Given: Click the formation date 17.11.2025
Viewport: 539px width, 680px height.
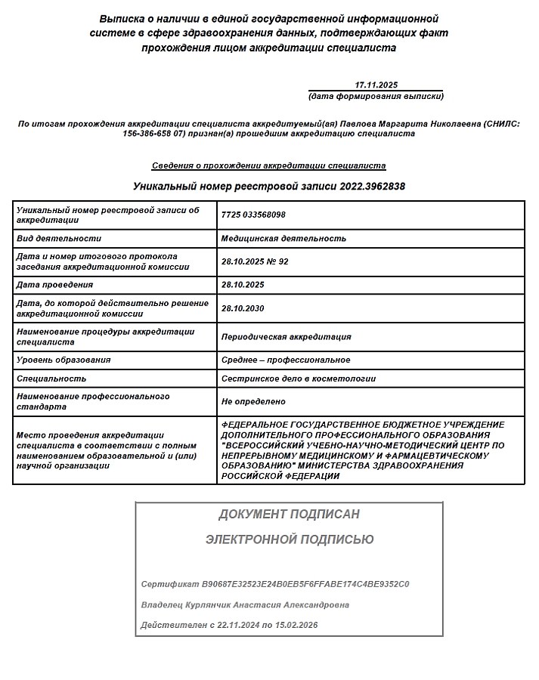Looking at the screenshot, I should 376,85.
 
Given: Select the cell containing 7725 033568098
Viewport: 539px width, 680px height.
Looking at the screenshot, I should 253,215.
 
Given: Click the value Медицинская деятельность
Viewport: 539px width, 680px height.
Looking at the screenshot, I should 283,238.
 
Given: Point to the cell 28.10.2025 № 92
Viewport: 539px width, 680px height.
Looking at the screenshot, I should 255,261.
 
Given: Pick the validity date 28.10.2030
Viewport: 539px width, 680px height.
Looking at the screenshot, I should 243,308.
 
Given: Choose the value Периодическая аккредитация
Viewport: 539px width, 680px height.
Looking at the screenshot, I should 286,337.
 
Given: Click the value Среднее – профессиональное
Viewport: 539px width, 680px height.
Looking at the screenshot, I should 286,360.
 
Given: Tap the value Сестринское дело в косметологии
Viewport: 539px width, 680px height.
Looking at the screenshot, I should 298,379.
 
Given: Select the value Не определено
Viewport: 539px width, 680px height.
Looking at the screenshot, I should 253,402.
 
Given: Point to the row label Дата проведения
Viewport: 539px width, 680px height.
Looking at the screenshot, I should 54,285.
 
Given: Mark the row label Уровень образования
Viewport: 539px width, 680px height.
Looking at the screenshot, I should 64,360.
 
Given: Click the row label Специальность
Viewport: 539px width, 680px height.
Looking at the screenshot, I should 51,379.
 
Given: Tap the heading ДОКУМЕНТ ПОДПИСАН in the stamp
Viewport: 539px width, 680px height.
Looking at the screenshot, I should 289,515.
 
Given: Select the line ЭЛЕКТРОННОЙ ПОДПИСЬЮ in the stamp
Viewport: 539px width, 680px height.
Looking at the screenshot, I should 290,539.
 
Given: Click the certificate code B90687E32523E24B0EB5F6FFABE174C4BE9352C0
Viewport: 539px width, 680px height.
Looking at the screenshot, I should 306,585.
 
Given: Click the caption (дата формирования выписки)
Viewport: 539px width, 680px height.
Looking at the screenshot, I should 376,97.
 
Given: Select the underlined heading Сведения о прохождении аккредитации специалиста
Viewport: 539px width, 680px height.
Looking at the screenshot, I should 269,165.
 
